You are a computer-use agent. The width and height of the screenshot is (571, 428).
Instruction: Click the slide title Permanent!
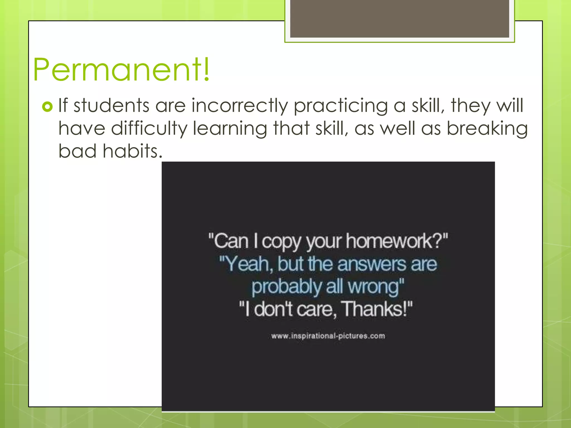(121, 69)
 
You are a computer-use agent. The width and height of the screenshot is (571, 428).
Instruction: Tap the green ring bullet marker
(47, 106)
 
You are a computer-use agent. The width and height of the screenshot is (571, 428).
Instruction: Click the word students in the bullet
(112, 106)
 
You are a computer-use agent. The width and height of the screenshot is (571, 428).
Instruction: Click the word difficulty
(149, 129)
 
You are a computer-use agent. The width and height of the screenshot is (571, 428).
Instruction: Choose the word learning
(230, 129)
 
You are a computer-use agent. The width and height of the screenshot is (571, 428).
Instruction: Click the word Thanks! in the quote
(375, 309)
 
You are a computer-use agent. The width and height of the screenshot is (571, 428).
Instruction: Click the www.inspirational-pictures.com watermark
(328, 336)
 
